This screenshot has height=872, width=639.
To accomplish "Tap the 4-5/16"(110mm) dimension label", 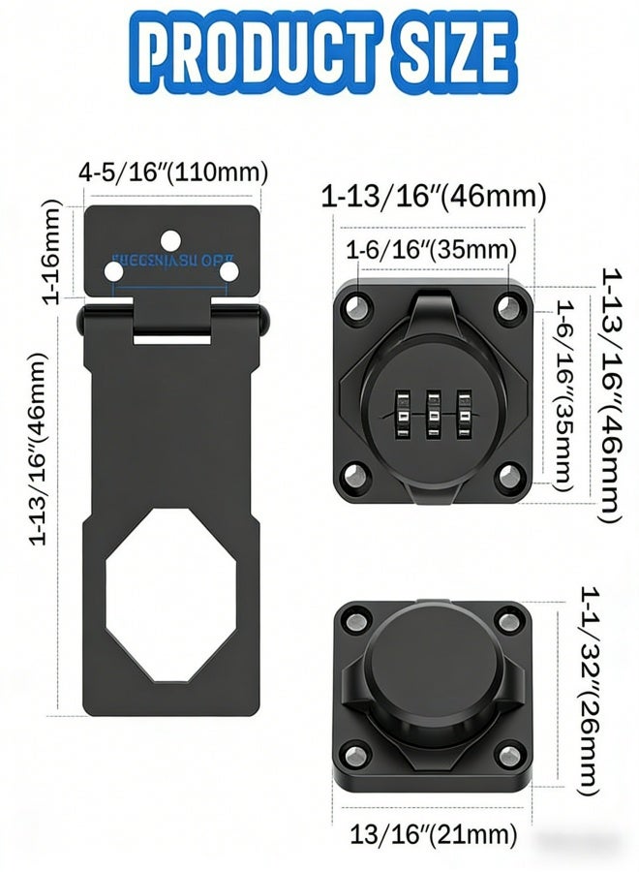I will click(x=172, y=173).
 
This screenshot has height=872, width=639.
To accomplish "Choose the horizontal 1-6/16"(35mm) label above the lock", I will click(x=431, y=250).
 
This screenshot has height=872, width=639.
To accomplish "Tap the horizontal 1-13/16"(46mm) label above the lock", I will click(x=434, y=197).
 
